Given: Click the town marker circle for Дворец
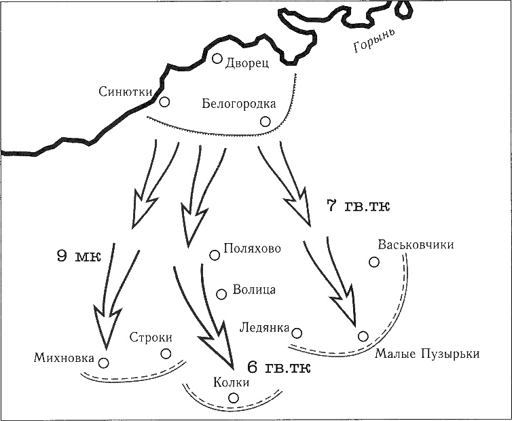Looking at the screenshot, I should pos(217,58).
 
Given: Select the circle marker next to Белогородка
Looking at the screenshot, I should pos(265,122).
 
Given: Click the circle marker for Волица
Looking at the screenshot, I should pos(221,294).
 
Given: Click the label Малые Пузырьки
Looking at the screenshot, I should pos(428,354).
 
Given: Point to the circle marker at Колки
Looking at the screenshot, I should pos(234,398).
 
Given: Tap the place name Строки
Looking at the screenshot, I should pos(151,337).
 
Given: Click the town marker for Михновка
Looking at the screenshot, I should pos(104,362).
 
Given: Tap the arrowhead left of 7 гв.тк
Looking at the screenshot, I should pos(299,207).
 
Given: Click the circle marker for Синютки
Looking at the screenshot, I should pos(164,103).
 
